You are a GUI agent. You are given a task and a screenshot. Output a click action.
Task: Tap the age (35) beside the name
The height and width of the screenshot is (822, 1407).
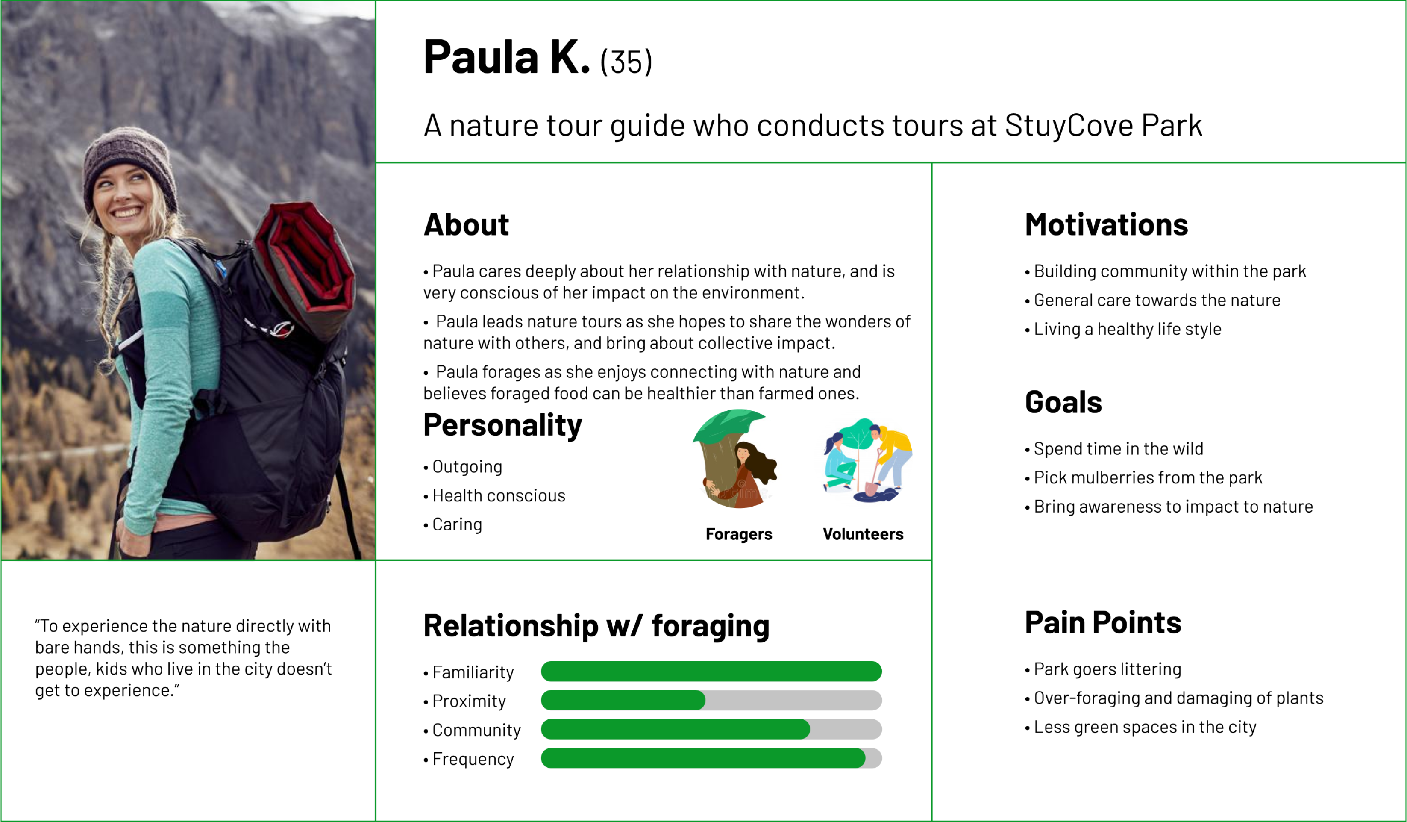[626, 62]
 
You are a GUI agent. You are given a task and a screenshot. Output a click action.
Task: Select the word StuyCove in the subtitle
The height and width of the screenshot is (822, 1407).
[1069, 126]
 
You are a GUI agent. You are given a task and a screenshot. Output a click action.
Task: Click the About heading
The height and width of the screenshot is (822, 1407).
[466, 224]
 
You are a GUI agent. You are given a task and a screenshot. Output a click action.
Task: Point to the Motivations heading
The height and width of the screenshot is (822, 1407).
[1106, 224]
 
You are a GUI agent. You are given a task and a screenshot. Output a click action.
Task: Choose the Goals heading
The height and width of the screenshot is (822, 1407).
[1063, 402]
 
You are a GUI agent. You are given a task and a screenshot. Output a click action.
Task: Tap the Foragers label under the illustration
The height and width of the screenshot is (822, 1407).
[739, 534]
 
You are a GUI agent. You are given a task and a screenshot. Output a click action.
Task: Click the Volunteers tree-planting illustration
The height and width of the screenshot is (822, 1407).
[867, 461]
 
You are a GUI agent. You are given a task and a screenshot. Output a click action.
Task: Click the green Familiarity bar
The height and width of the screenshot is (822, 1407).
[711, 671]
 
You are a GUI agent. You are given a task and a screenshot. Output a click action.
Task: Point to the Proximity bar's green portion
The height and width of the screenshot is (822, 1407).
[623, 700]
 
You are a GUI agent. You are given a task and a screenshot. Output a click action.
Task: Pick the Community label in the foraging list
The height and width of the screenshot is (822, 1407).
[476, 730]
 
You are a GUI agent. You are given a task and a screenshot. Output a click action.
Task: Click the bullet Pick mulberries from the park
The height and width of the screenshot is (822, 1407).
[1143, 477]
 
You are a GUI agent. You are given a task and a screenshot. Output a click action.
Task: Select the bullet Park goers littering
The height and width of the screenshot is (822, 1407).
[1103, 669]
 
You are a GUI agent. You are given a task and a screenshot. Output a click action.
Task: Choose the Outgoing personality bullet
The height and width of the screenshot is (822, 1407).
[464, 467]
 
